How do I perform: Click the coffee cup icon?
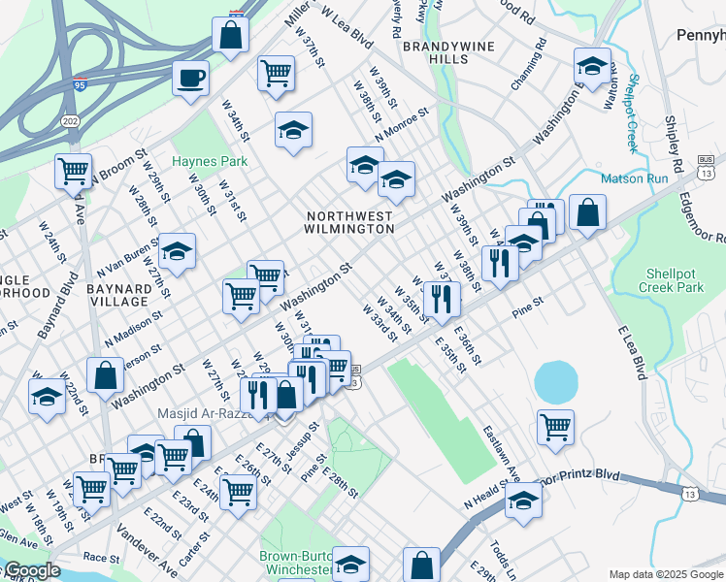190,77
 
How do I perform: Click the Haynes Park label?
210,161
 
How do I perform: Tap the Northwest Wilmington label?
350,222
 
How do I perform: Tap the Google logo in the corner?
31,570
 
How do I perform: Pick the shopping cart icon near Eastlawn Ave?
554,424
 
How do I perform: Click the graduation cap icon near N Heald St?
523,499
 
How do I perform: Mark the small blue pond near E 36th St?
554,382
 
